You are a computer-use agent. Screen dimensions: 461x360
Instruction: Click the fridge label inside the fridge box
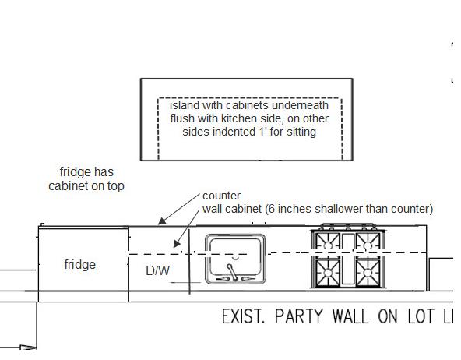(x=80, y=265)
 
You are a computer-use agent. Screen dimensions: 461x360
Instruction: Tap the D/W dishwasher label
(x=158, y=270)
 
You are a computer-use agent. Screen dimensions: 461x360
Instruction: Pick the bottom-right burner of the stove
(x=368, y=273)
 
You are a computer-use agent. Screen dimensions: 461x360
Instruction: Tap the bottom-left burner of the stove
(x=328, y=273)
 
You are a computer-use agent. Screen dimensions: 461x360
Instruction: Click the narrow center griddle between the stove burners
(x=348, y=259)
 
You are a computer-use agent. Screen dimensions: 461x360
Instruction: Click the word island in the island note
(x=185, y=105)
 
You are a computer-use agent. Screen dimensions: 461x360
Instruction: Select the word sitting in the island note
(x=301, y=132)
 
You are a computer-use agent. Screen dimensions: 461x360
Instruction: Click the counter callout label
(x=222, y=196)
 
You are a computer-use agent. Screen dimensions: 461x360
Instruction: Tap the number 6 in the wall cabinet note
(x=272, y=209)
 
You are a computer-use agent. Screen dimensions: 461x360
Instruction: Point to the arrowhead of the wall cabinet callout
(x=177, y=244)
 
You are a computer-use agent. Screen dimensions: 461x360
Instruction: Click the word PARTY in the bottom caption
(x=299, y=316)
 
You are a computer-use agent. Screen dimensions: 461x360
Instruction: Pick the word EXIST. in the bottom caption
(x=243, y=316)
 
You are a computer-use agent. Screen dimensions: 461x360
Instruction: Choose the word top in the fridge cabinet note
(x=115, y=186)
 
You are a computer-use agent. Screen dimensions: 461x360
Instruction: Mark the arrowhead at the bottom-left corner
(x=29, y=348)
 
